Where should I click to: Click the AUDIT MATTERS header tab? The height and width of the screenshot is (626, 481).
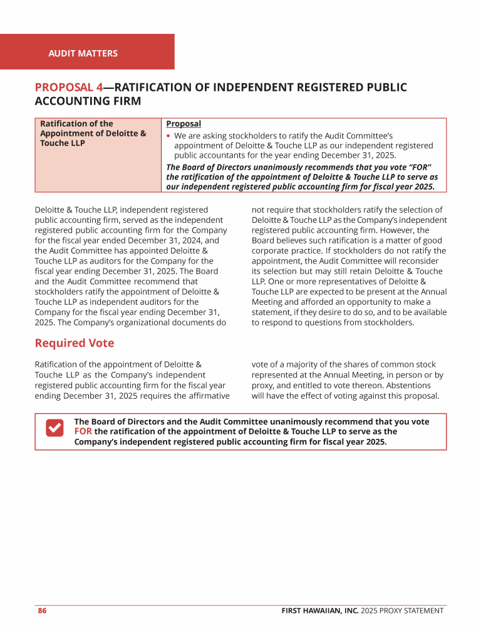click(83, 53)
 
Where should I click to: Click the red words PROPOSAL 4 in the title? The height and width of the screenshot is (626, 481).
click(68, 88)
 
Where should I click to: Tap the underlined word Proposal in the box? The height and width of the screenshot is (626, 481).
click(184, 124)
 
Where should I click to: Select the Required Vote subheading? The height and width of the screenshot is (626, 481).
click(74, 342)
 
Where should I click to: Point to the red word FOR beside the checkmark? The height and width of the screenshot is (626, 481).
click(83, 431)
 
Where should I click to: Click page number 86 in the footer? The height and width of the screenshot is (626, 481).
click(42, 610)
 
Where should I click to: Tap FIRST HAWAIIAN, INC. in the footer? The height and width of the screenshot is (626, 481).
click(319, 610)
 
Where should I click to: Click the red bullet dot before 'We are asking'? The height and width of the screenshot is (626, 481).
click(168, 136)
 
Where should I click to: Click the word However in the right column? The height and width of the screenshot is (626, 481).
click(393, 230)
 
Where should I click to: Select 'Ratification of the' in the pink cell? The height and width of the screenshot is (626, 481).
click(76, 124)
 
